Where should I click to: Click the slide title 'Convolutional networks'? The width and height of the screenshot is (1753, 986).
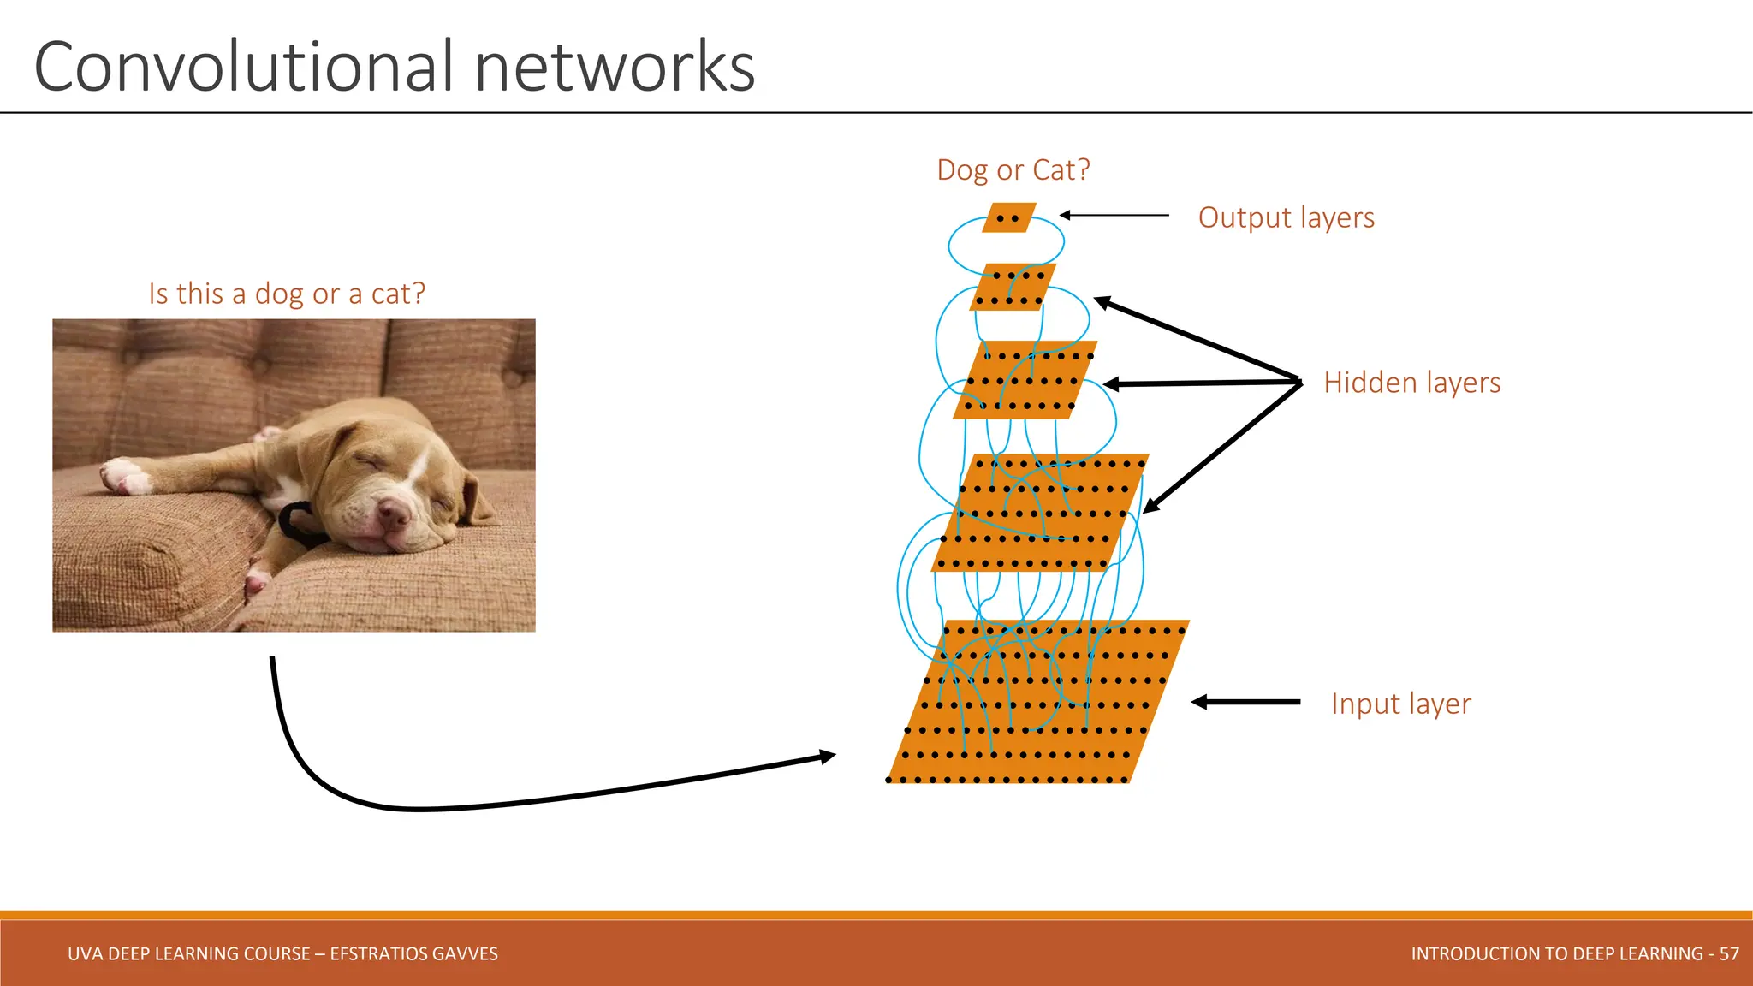click(x=394, y=67)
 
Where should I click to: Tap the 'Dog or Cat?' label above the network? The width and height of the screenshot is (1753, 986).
click(x=1013, y=169)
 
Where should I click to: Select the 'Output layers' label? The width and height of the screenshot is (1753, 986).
click(x=1286, y=217)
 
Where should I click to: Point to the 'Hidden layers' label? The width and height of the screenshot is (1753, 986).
click(x=1411, y=383)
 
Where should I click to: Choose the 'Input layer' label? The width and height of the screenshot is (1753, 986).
click(x=1400, y=704)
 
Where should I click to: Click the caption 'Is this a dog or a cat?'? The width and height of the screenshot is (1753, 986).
click(x=287, y=294)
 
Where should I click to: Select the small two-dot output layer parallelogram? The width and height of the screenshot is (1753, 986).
click(x=1009, y=217)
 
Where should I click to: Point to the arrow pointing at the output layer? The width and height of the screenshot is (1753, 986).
click(x=1113, y=216)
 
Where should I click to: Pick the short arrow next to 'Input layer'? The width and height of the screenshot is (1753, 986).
click(x=1245, y=702)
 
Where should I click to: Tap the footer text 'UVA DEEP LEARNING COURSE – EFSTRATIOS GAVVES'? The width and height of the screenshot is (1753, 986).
click(x=282, y=953)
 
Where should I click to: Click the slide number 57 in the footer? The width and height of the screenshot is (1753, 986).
click(x=1729, y=953)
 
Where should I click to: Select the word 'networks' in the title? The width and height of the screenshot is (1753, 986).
click(x=615, y=67)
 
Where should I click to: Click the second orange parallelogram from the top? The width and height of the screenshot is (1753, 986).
click(x=1013, y=287)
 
